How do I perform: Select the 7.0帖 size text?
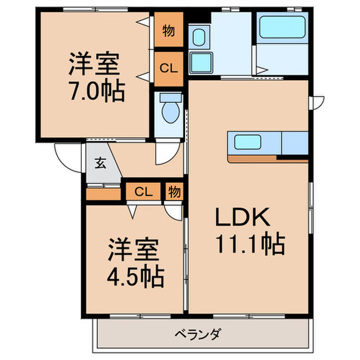[96, 93]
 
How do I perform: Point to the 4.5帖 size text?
[135, 278]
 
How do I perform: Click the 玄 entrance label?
[100, 164]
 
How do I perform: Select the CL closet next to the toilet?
[168, 68]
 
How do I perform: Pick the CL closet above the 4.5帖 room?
[143, 192]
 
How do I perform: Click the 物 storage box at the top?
[168, 31]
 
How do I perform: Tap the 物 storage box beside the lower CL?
[174, 192]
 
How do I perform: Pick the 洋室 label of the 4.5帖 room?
[135, 252]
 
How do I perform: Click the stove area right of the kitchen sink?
[295, 143]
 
